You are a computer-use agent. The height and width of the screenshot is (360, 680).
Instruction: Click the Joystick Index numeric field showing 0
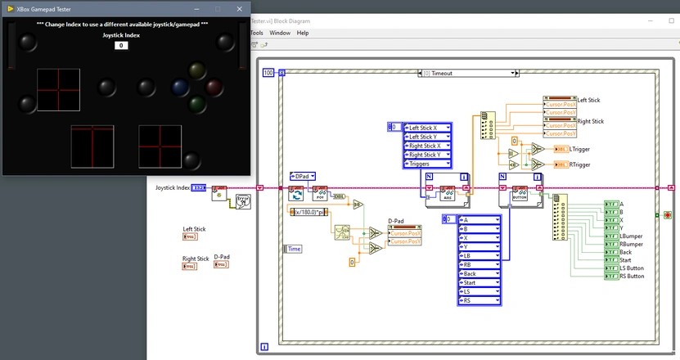click(x=120, y=45)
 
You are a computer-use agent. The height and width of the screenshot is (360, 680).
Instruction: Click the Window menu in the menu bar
click(x=280, y=33)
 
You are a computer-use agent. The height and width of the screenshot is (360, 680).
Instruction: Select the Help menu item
click(x=303, y=33)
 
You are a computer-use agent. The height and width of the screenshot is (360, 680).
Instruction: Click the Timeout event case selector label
click(x=469, y=73)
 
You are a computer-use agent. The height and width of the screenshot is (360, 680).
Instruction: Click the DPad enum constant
click(x=304, y=176)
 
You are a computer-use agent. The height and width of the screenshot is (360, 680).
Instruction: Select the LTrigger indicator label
click(x=579, y=150)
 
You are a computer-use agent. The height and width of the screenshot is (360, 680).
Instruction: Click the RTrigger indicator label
click(x=579, y=164)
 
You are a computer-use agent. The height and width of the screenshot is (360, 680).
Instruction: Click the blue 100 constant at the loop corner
click(x=268, y=73)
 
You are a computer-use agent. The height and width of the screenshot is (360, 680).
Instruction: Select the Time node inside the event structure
click(x=293, y=248)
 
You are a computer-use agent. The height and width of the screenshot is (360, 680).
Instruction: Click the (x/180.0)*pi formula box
click(x=311, y=212)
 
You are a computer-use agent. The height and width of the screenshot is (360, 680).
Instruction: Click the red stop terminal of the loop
click(x=668, y=215)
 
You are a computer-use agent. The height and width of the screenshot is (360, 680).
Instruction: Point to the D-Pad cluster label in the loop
click(x=396, y=221)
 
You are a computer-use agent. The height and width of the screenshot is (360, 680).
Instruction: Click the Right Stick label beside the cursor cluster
click(x=590, y=121)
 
